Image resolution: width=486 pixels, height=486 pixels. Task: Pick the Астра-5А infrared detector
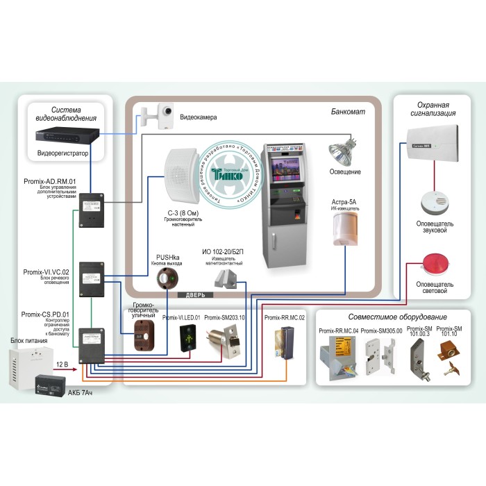pos(344,228)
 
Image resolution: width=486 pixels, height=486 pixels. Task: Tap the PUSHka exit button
pos(167,280)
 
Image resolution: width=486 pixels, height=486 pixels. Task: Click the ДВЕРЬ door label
pos(193,296)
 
